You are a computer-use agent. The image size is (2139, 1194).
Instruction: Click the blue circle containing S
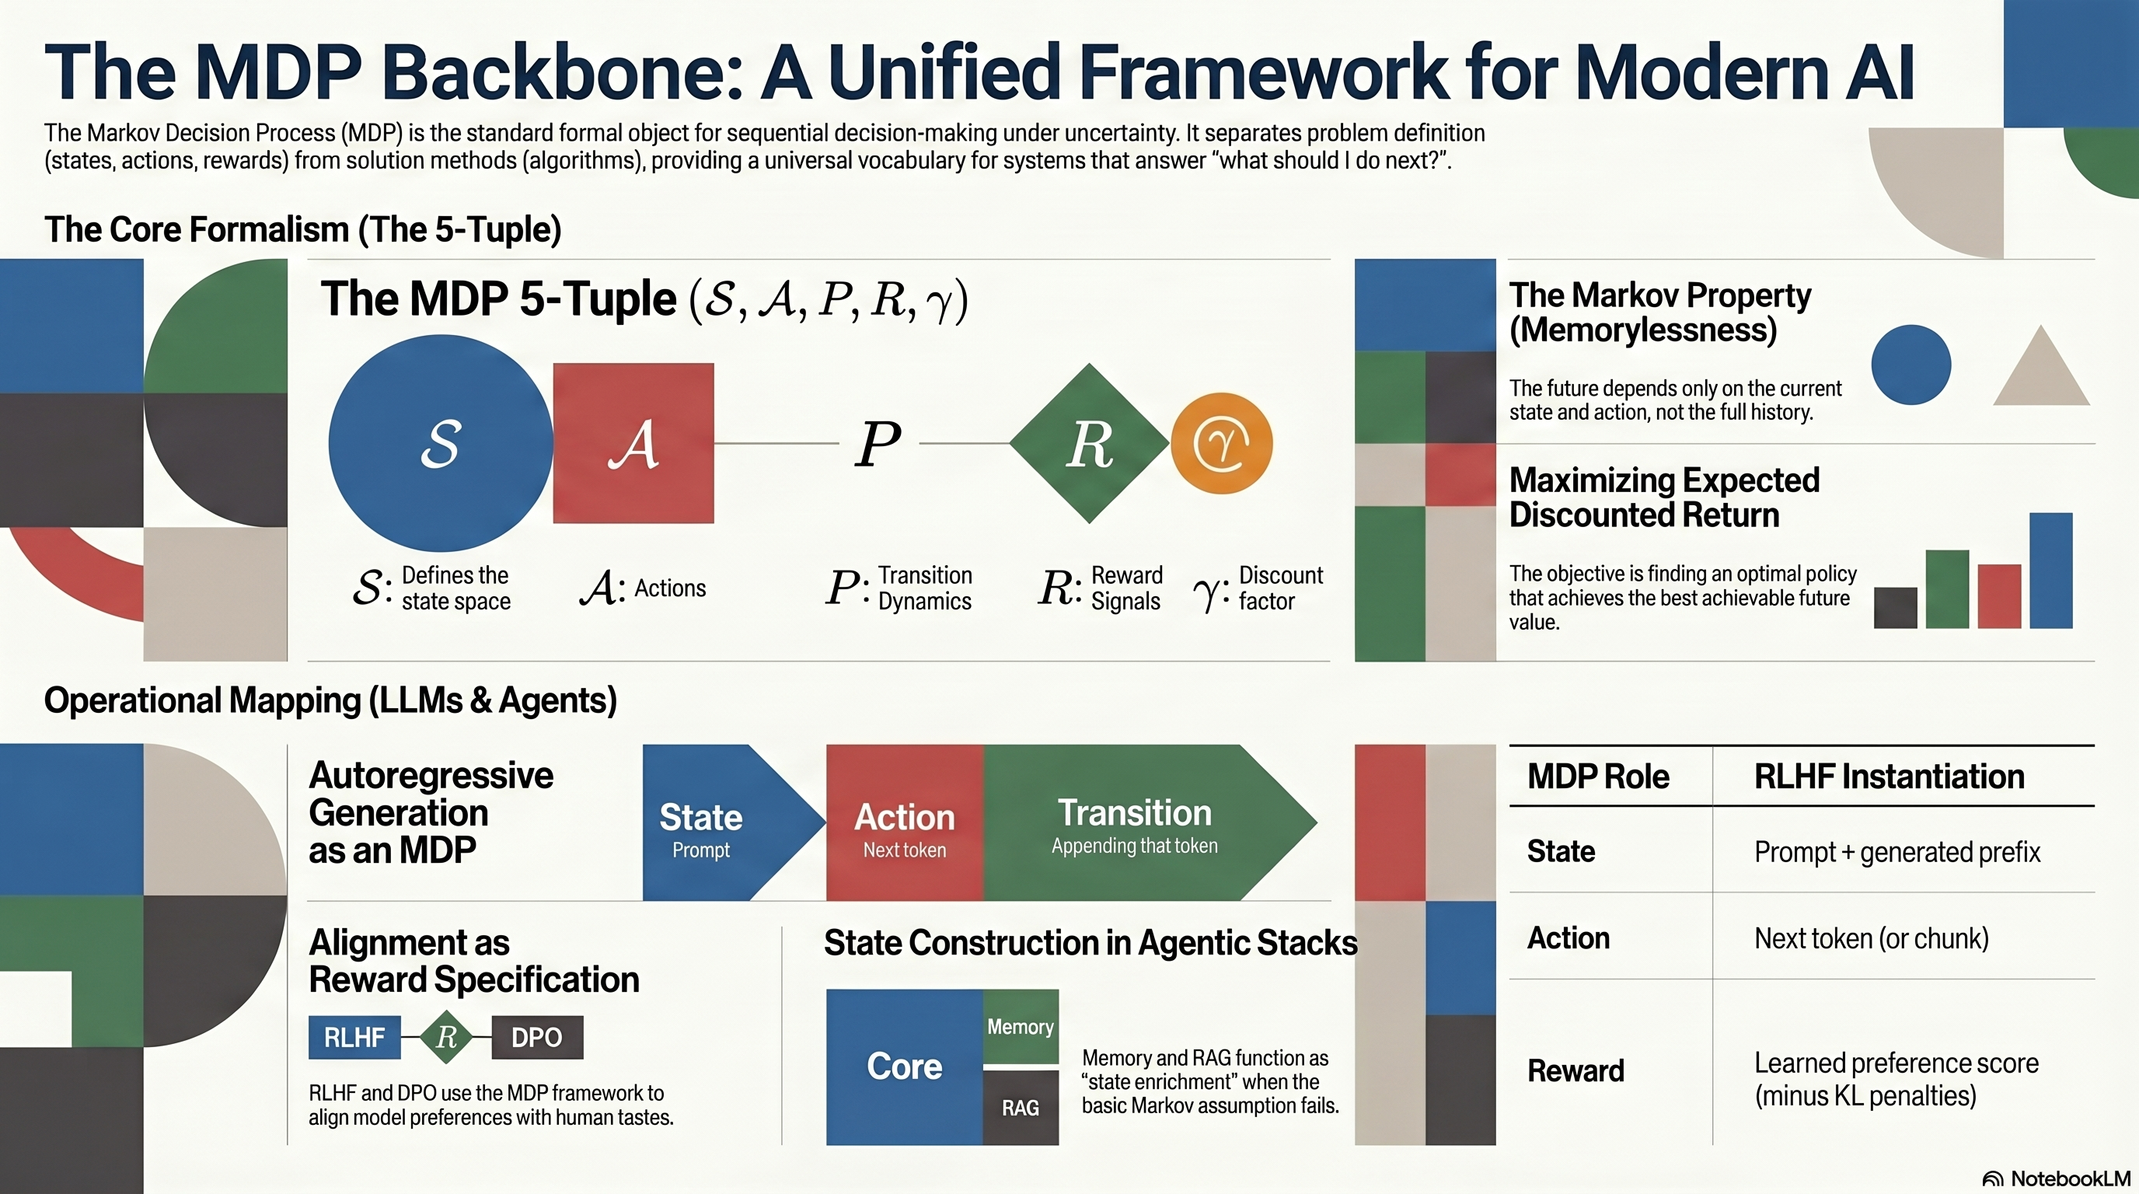point(440,443)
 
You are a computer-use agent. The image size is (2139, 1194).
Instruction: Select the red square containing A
point(633,443)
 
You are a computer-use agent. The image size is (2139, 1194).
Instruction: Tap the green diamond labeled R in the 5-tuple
point(1090,443)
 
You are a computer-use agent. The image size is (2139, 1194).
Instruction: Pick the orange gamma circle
point(1222,443)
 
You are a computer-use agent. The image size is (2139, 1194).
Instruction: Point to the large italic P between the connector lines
point(878,443)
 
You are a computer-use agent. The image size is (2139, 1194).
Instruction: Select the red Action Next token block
point(905,822)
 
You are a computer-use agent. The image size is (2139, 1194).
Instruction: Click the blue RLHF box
point(354,1037)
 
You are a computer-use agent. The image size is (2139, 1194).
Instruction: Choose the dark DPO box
point(537,1037)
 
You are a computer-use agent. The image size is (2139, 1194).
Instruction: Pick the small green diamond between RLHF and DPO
point(447,1036)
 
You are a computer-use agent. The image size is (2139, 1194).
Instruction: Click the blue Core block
point(904,1067)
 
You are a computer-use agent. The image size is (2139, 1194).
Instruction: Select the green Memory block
point(1021,1026)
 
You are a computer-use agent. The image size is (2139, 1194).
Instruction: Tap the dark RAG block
point(1021,1108)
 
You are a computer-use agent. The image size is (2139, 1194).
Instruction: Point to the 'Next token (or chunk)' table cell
point(1872,938)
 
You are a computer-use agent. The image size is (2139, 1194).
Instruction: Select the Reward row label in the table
point(1575,1071)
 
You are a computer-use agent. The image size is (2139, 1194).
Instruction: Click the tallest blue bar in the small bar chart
point(2051,571)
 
